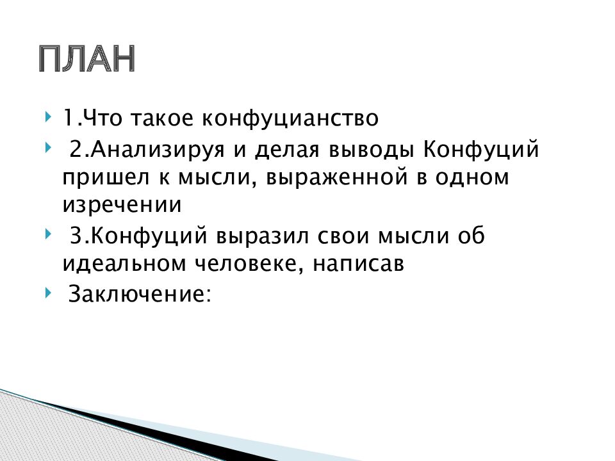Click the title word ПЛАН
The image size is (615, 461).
click(86, 60)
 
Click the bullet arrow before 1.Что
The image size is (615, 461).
click(49, 118)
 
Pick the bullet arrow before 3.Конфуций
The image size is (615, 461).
click(49, 236)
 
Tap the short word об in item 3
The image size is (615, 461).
click(471, 237)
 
